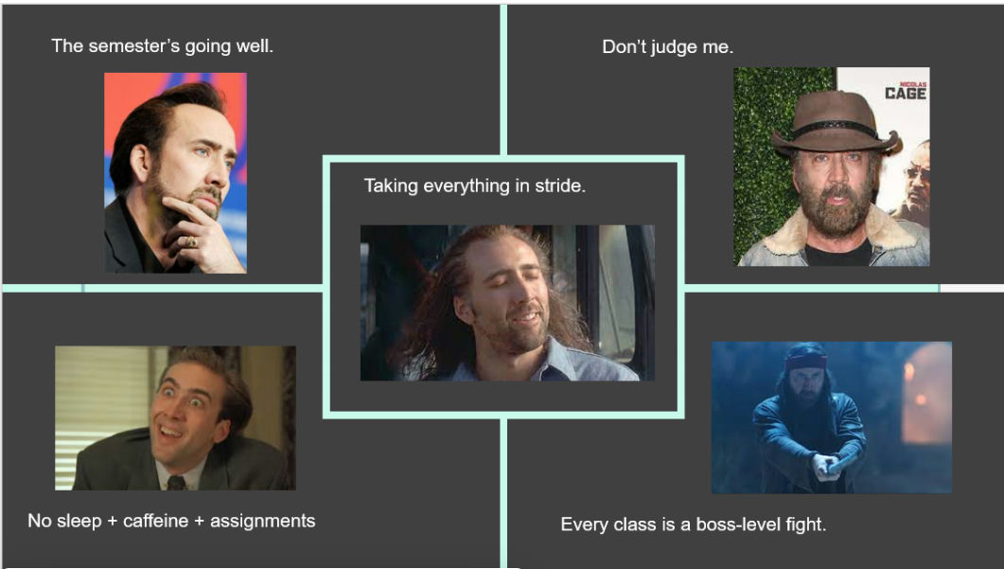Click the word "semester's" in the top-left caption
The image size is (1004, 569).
133,46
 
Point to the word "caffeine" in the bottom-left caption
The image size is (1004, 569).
155,521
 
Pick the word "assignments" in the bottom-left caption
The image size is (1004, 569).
262,522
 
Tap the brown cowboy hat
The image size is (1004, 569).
835,122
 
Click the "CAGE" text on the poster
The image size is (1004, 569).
906,94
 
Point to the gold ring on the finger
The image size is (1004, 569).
191,241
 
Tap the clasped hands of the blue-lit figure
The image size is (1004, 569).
827,465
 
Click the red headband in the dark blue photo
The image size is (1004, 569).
805,362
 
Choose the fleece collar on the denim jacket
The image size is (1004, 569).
835,234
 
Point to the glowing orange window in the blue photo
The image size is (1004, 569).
925,393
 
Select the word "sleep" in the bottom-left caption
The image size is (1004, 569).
79,522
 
